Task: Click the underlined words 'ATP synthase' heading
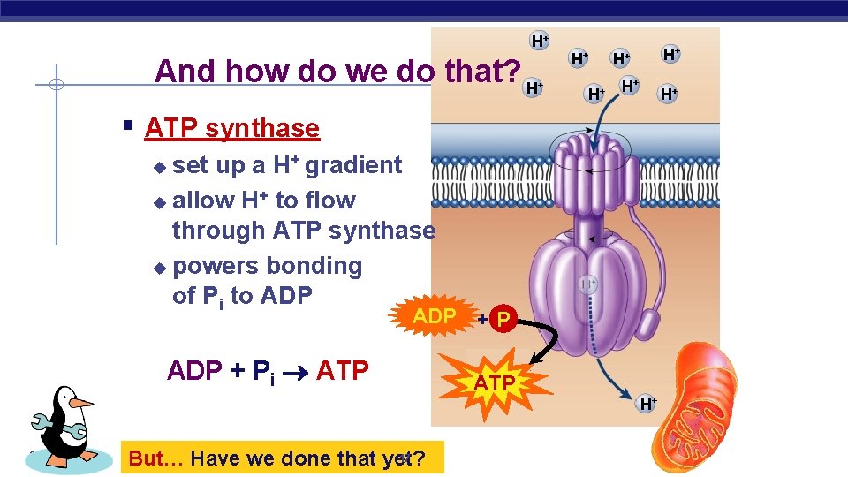pos(231,128)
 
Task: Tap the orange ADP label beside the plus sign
pos(435,316)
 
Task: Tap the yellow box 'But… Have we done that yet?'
pos(282,458)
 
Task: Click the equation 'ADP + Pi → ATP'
pos(267,371)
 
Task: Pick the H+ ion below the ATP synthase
pos(647,404)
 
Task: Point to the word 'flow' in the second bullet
pos(330,201)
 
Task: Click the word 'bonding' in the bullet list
pos(314,266)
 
